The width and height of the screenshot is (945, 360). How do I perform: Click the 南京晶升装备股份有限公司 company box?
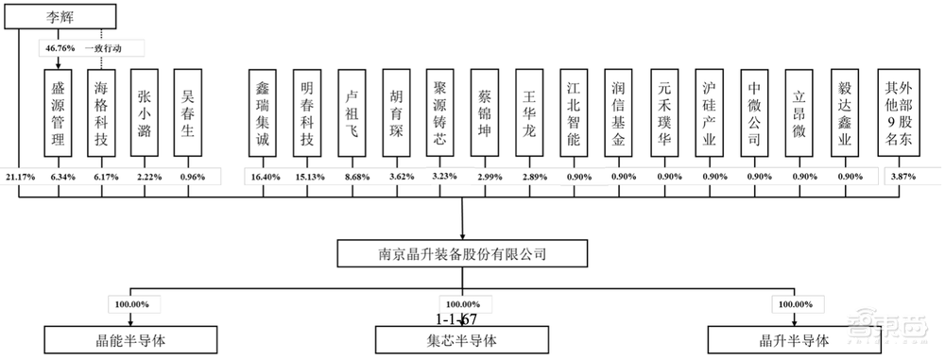(462, 254)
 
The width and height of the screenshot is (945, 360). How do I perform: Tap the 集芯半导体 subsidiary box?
(462, 341)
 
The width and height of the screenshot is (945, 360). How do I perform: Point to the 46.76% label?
(59, 47)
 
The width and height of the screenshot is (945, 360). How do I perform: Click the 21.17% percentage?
(19, 176)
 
